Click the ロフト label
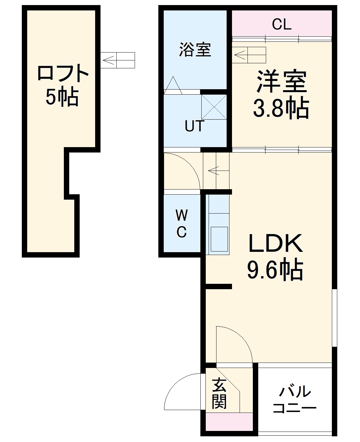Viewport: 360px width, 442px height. [63, 73]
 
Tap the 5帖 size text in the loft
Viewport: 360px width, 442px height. [62, 97]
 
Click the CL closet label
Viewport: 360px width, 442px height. [281, 24]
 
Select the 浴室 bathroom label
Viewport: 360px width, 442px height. [195, 50]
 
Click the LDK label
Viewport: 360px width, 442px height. [276, 244]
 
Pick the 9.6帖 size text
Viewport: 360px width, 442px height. [275, 270]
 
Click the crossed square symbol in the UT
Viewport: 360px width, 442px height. [214, 107]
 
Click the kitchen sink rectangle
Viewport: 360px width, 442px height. [219, 239]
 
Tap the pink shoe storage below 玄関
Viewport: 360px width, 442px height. [229, 422]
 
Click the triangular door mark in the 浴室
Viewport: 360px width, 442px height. [173, 85]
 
